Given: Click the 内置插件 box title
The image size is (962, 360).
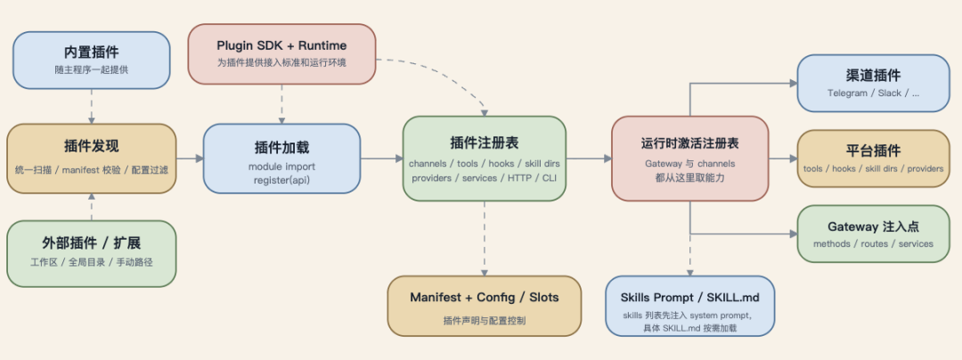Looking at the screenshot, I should pos(92,52).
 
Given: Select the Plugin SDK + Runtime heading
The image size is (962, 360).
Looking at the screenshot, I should pos(281,45).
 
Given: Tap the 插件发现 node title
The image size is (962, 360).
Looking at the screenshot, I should pos(92,146).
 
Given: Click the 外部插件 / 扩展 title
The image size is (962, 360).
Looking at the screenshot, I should pos(92,242).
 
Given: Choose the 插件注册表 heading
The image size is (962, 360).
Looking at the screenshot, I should pos(484,142).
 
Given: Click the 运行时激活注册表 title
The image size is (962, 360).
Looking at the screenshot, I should pos(689,143).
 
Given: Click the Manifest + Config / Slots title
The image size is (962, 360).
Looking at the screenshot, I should pos(485,297).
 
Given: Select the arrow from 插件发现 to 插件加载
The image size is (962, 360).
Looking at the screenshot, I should pos(190,159).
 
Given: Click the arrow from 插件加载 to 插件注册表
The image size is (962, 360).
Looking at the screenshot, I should pos(381,159).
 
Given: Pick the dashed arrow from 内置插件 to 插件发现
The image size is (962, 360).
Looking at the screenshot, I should pos(92,106).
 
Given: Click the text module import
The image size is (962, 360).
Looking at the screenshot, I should pos(281,166).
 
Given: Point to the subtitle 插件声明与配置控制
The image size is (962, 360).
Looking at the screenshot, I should pos(485,319).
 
